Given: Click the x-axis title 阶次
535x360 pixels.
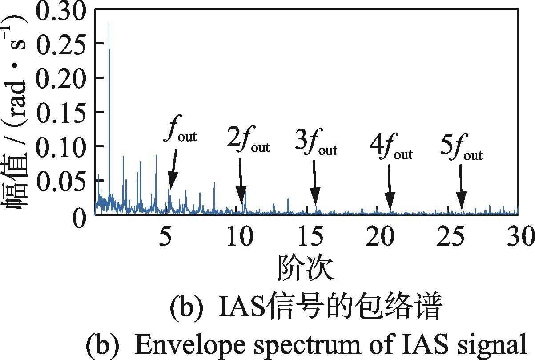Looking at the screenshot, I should pyautogui.click(x=306, y=267).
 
